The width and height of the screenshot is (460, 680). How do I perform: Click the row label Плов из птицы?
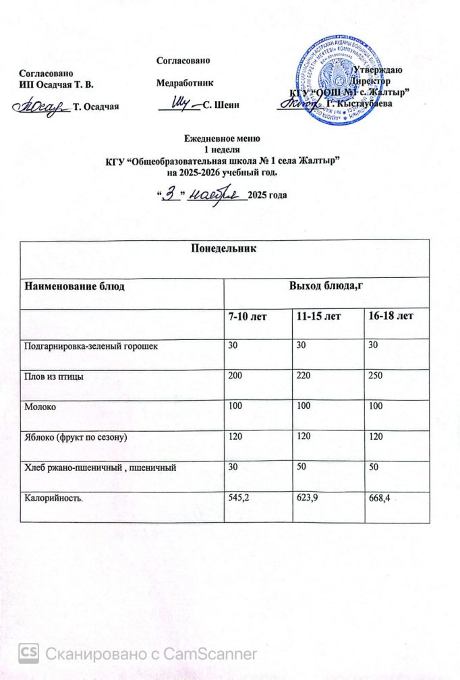[54, 376]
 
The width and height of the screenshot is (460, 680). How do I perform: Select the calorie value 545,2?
[241, 499]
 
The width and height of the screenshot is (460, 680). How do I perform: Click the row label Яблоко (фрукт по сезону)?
[76, 438]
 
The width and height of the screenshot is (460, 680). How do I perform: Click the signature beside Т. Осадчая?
[42, 106]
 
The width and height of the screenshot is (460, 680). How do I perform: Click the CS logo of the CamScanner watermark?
[29, 653]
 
